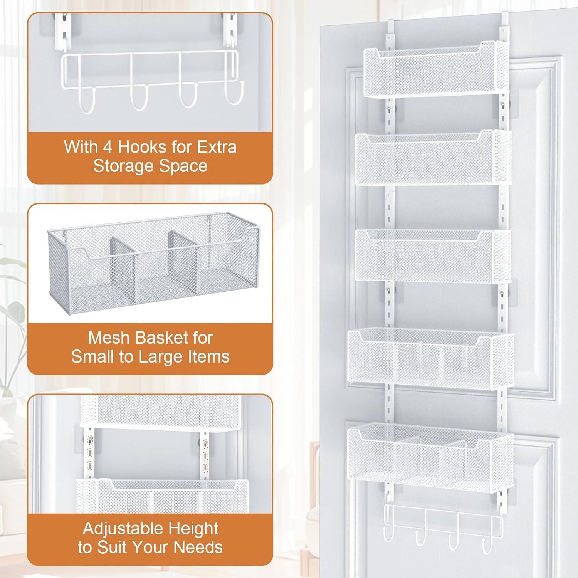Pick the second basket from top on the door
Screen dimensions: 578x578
coord(434,158)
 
